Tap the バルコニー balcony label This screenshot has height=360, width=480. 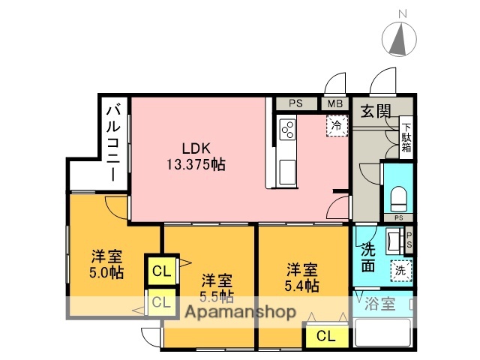pos(112,142)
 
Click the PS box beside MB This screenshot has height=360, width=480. pos(297,104)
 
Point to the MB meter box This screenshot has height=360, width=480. pos(334,104)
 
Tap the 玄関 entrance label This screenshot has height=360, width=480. pos(375,112)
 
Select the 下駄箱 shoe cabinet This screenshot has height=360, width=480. pos(406,137)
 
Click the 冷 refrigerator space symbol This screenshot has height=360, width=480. pos(337,125)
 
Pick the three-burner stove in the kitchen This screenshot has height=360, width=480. pos(287,130)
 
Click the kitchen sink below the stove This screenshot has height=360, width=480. pos(287,171)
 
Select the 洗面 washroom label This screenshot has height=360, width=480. pos(368,255)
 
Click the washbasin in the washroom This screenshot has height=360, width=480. pos(395,241)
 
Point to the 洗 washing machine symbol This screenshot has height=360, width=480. pos(401,270)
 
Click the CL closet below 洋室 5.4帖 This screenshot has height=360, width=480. pos(325,336)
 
